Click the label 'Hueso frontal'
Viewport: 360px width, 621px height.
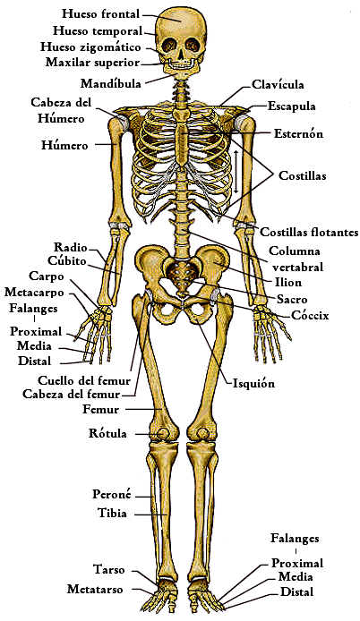tap(100, 13)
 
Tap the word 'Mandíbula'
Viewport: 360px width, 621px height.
tap(111, 83)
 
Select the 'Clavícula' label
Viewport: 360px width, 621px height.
tap(278, 84)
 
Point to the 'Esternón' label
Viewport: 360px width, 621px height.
tap(298, 133)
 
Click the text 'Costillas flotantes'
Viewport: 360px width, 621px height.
tap(309, 232)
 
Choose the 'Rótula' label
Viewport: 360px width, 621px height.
tap(107, 433)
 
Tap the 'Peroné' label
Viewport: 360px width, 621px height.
tap(111, 494)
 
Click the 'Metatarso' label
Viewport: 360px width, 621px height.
tap(95, 589)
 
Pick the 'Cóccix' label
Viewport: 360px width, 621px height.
tap(310, 315)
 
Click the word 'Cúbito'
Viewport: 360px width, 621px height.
tap(66, 260)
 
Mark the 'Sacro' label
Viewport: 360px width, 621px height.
tap(292, 299)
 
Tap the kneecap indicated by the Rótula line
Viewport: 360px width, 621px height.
tap(162, 433)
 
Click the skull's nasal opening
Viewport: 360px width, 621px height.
tap(181, 55)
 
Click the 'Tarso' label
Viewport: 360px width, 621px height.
tap(109, 569)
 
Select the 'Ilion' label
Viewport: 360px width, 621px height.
tap(288, 282)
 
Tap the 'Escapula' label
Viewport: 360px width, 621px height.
tap(291, 106)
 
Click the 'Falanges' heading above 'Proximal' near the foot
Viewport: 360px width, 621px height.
tap(295, 538)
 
